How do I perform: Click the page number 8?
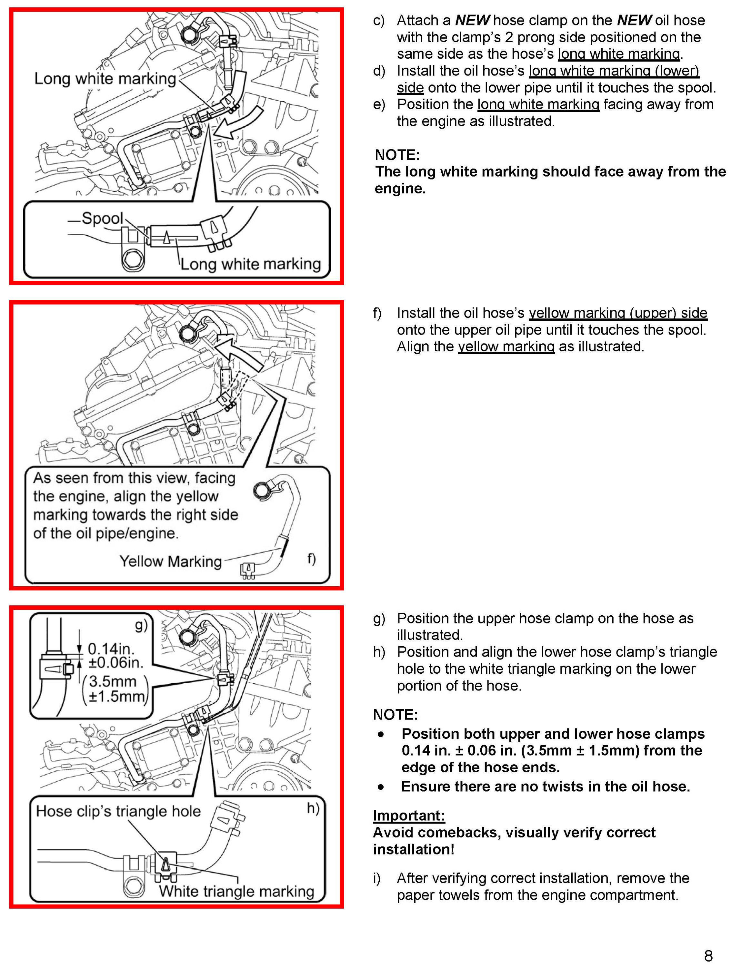[708, 955]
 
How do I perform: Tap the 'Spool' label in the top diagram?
[102, 218]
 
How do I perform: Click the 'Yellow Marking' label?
[170, 561]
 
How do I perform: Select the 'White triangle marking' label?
[236, 891]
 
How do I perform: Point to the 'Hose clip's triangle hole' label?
[118, 811]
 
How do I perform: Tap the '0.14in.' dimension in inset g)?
[111, 648]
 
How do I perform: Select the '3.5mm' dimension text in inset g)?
[113, 681]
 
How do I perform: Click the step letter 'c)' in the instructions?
[378, 21]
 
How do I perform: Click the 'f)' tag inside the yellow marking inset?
[311, 558]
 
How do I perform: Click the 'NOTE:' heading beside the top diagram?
[397, 155]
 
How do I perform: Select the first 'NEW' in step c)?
[472, 21]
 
